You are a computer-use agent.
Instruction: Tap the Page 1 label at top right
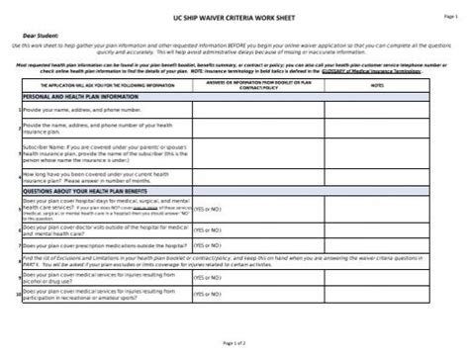point(449,17)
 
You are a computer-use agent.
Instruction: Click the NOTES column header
point(377,86)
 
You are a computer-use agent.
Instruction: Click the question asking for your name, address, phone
point(90,111)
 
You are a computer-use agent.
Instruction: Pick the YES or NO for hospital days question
point(207,212)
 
